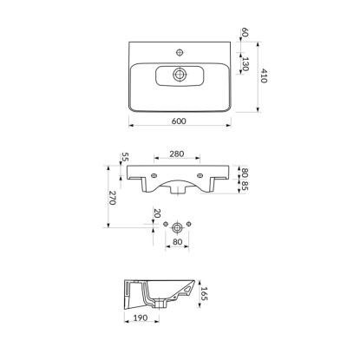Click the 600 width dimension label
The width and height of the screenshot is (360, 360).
[x=179, y=121]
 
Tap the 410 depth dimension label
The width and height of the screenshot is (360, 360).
[x=264, y=75]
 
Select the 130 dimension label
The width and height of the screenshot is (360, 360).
[x=245, y=64]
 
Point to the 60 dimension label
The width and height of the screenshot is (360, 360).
[x=245, y=32]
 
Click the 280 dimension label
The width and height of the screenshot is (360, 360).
[x=177, y=154]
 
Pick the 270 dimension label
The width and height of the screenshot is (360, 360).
[x=112, y=198]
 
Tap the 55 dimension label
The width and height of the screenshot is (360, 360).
[x=125, y=157]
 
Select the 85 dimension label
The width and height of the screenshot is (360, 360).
[x=245, y=186]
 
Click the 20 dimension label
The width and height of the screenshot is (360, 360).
[x=157, y=213]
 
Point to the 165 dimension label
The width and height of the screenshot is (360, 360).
[x=204, y=293]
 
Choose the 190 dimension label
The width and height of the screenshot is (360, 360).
[x=141, y=317]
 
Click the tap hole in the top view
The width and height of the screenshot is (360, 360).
[x=180, y=52]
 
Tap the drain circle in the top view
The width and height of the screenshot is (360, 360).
[x=180, y=75]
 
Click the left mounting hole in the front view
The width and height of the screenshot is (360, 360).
[x=154, y=175]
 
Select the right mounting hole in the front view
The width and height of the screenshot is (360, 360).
[x=200, y=175]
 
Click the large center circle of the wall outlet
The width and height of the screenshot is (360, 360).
[x=177, y=227]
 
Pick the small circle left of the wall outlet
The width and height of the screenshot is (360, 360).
[x=166, y=224]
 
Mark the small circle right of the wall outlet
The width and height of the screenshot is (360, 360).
[x=189, y=224]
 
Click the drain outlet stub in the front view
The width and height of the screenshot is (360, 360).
[x=177, y=190]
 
